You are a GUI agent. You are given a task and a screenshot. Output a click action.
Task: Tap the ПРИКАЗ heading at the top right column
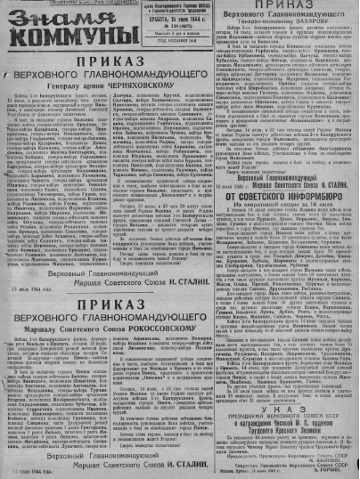293,9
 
